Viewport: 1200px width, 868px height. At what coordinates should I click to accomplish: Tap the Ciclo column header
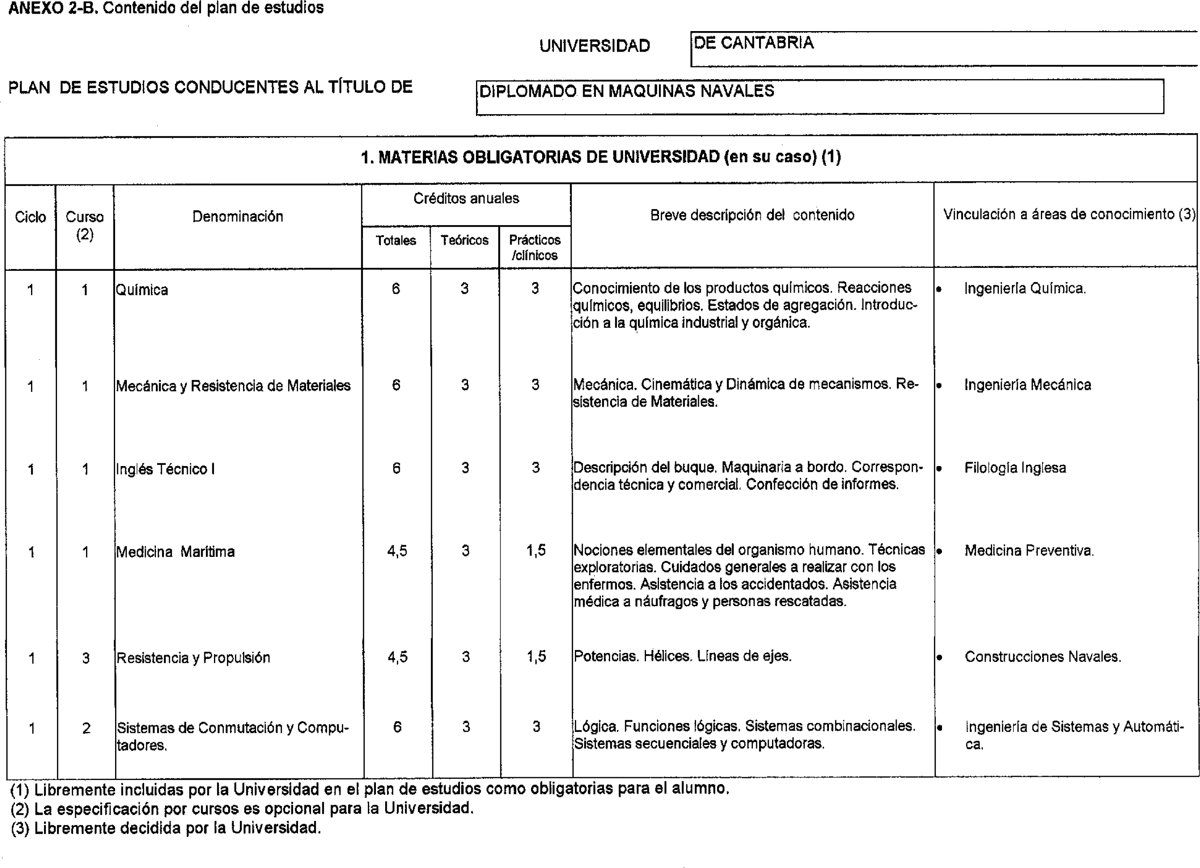click(x=30, y=217)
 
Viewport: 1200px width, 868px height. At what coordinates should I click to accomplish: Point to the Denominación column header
click(x=237, y=216)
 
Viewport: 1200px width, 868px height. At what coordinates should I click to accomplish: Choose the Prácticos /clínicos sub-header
click(x=535, y=247)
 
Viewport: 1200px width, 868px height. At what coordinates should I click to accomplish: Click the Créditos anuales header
click(x=466, y=199)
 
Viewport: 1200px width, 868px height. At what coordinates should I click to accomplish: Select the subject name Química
click(x=142, y=290)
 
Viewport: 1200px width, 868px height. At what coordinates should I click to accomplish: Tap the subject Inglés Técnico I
click(x=165, y=469)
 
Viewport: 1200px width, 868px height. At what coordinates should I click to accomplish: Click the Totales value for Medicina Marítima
click(x=397, y=551)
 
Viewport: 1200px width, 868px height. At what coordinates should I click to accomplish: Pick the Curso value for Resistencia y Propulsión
click(x=86, y=658)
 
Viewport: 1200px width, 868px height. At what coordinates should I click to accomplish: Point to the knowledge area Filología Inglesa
click(x=1015, y=468)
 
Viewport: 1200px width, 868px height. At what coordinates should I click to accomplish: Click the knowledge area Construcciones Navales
click(x=1042, y=657)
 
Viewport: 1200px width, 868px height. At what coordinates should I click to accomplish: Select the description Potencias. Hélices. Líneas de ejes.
click(x=682, y=657)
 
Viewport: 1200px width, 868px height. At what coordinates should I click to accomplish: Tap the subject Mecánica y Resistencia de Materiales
click(x=233, y=386)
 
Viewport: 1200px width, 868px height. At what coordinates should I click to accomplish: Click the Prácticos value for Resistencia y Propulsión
click(x=536, y=657)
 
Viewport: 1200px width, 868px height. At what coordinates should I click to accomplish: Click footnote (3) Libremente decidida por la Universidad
click(x=166, y=828)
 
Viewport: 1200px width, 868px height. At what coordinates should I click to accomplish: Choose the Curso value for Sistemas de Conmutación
click(x=86, y=728)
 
